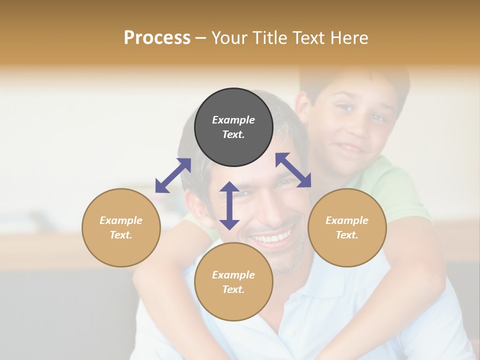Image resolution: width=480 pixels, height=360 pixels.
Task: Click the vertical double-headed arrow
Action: [229, 205]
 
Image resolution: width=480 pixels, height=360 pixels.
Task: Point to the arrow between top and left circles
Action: [173, 175]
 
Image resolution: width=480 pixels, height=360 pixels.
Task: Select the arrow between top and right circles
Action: [293, 170]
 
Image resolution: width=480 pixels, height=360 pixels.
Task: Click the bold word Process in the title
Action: [157, 38]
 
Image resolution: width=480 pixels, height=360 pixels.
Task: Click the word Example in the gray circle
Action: [233, 120]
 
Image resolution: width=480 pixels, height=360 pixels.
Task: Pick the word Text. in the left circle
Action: [121, 235]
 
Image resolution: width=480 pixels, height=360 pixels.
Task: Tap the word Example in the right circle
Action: [347, 220]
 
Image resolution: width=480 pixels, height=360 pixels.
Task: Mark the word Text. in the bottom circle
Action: [233, 289]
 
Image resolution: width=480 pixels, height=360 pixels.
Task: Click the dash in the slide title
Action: [201, 38]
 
